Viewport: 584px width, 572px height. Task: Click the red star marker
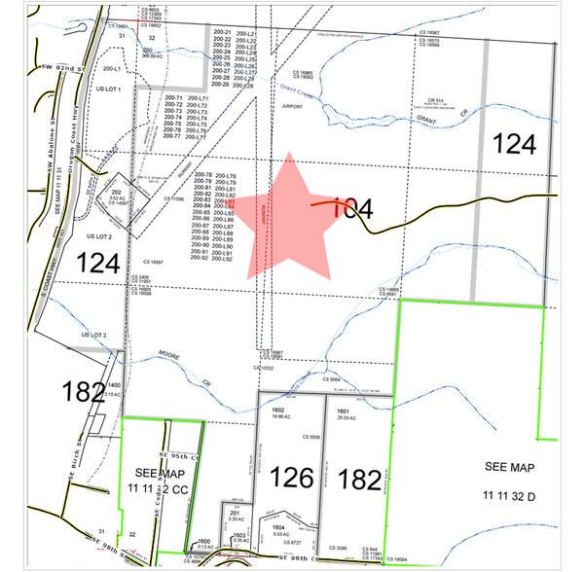287,216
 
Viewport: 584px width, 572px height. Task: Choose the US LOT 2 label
100,236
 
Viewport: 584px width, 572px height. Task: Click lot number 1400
113,385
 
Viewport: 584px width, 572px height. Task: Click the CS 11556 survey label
174,198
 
